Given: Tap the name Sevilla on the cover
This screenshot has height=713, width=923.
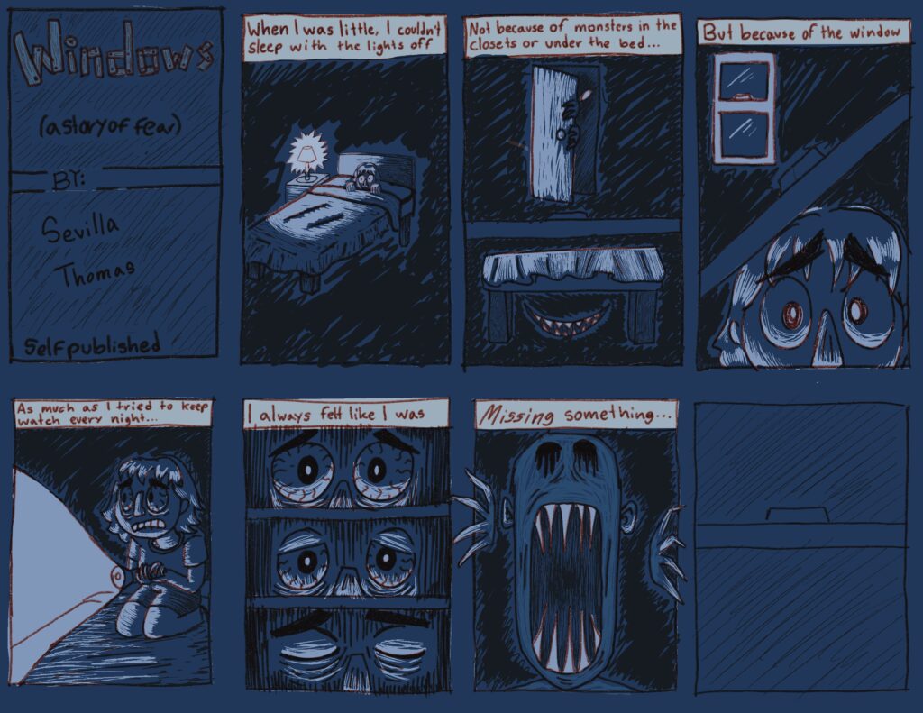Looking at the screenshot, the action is (80, 228).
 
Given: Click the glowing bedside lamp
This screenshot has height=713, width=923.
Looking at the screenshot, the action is (306, 157).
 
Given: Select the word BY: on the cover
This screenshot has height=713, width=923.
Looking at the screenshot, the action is (69, 180).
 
